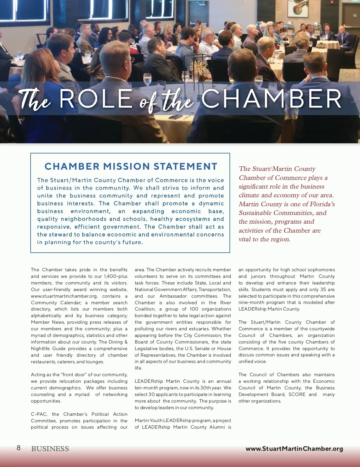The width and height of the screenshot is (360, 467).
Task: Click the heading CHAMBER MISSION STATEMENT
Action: click(x=131, y=166)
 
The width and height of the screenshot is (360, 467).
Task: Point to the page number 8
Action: click(x=19, y=448)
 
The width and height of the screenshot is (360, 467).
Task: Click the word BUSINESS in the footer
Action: click(x=50, y=449)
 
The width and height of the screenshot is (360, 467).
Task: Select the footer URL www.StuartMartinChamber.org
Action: click(x=294, y=449)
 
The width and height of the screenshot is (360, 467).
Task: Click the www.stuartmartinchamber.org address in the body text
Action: click(x=64, y=296)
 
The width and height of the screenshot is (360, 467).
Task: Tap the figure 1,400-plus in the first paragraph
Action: click(x=115, y=276)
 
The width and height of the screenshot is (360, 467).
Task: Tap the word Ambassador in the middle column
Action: click(x=173, y=296)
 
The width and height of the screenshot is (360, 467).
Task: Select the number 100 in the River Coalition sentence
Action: click(x=194, y=309)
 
